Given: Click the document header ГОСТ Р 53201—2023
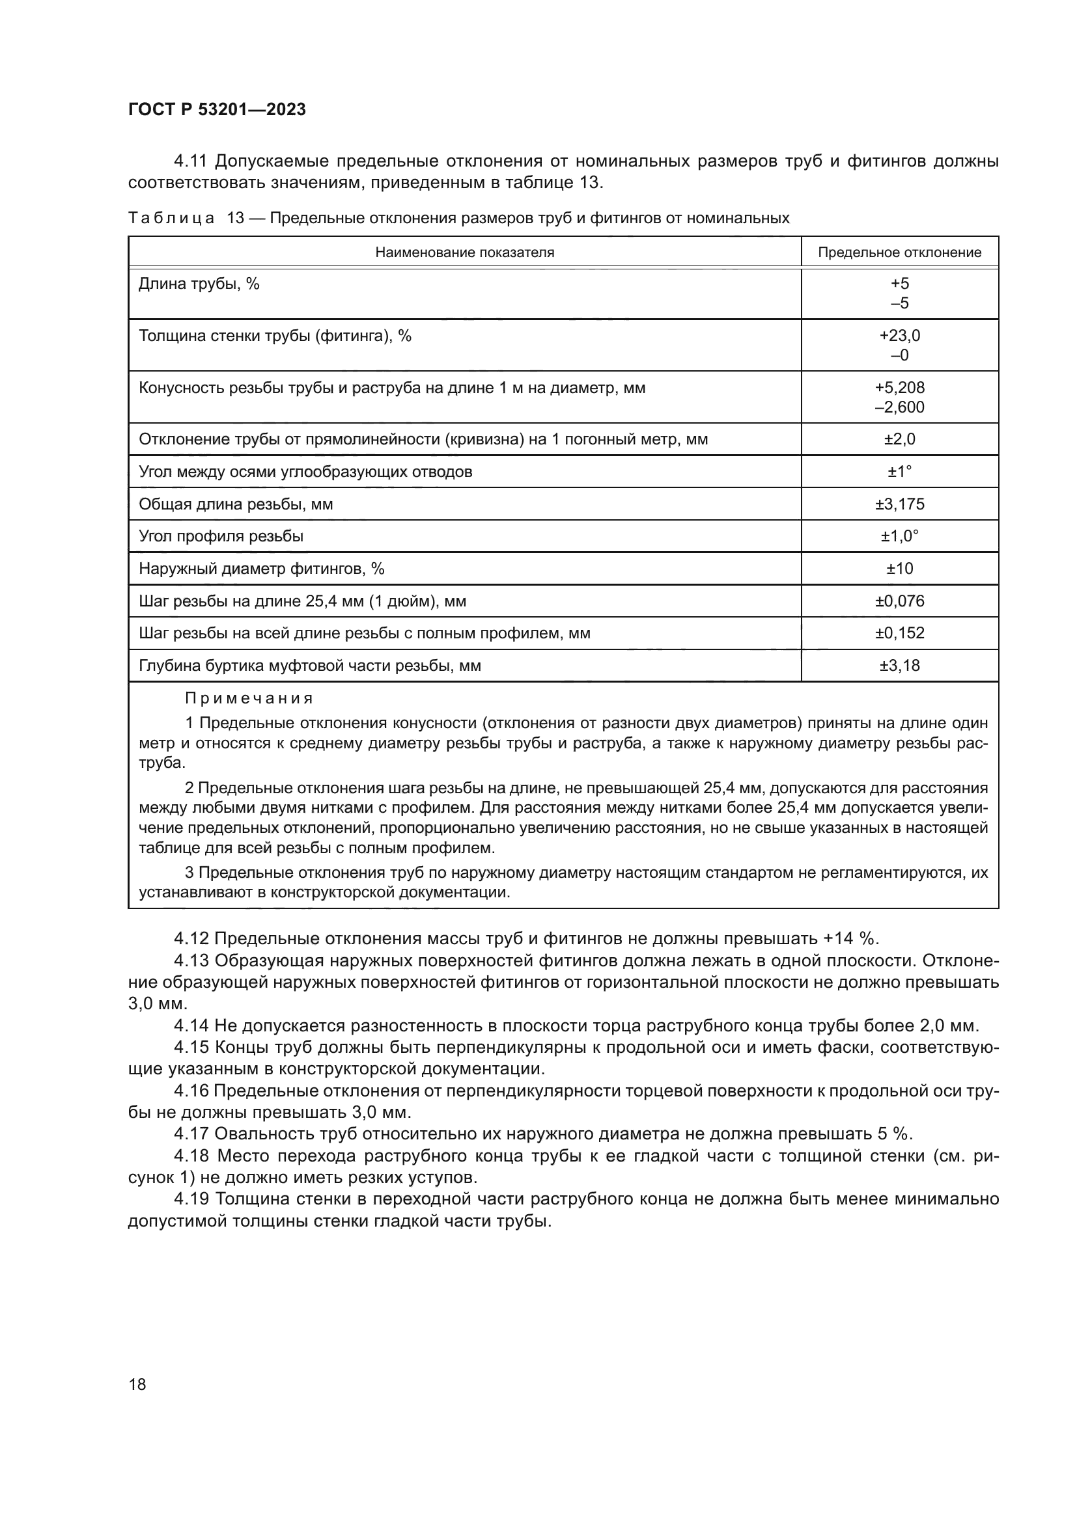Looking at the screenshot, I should [x=217, y=110].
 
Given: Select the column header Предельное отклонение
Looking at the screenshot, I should [x=899, y=252].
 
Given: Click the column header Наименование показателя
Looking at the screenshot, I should [x=464, y=252].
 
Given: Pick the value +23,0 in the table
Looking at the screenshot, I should [x=899, y=335].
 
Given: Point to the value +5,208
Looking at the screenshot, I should [x=899, y=388].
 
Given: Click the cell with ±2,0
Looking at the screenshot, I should [x=899, y=439].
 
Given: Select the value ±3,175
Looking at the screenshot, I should [x=899, y=504].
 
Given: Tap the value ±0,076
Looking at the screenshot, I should [x=899, y=601].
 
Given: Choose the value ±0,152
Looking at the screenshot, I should [x=899, y=633].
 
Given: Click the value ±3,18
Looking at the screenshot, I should [x=899, y=666].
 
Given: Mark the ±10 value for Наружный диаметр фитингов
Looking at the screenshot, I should [x=899, y=569].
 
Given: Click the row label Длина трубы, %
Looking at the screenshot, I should [x=199, y=284].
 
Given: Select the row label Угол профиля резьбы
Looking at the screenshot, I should [x=221, y=536].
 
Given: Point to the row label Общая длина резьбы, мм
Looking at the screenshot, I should [x=236, y=504].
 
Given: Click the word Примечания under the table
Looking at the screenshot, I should [x=249, y=699].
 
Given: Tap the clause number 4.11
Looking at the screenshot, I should [x=191, y=161].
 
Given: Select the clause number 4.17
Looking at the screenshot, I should [x=191, y=1134].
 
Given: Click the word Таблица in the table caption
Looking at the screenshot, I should [x=171, y=218].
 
